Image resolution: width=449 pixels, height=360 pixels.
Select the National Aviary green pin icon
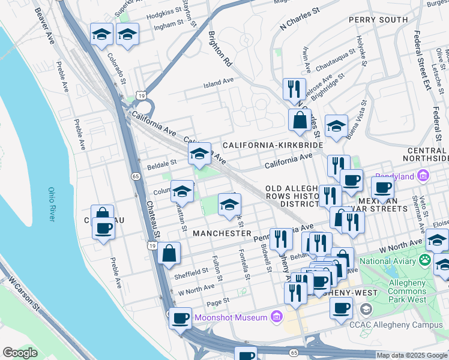pyautogui.click(x=426, y=261)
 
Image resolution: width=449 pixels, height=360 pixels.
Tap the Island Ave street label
pyautogui.click(x=218, y=82)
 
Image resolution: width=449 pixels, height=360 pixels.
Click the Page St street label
pyautogui.click(x=218, y=300)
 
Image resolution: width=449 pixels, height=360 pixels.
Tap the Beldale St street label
pyautogui.click(x=162, y=162)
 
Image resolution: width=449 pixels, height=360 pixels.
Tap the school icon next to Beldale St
pyautogui.click(x=199, y=154)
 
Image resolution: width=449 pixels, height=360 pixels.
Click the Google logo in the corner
pyautogui.click(x=20, y=353)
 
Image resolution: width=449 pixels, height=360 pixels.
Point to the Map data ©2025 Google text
pyautogui.click(x=412, y=355)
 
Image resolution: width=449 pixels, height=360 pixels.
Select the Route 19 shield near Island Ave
pyautogui.click(x=141, y=95)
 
